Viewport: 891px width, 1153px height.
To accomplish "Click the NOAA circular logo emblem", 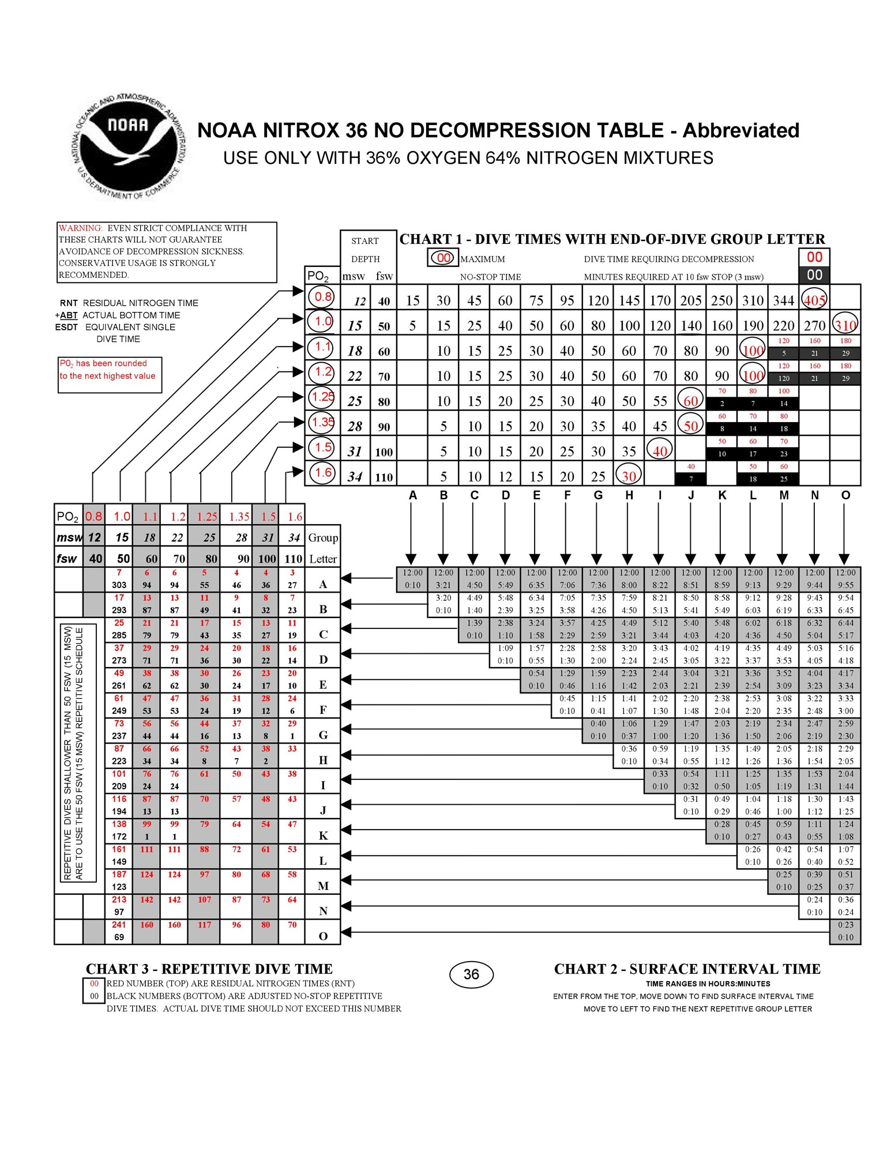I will pos(128,147).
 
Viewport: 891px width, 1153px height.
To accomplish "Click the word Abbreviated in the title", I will pos(740,130).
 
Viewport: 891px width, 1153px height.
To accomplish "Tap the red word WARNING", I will pos(81,228).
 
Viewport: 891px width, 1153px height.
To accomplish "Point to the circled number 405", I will pos(814,300).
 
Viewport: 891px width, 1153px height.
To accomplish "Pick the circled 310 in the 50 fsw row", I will pos(845,325).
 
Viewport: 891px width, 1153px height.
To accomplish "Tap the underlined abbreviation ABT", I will pos(69,315).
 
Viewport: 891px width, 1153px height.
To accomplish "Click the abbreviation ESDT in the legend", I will pos(66,327).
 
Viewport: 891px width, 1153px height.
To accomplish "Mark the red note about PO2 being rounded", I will pos(108,370).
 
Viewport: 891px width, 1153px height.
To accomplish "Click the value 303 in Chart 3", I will pos(119,585).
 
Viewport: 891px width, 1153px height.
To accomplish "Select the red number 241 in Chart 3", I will pos(119,925).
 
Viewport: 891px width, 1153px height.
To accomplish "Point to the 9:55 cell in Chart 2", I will pos(845,585).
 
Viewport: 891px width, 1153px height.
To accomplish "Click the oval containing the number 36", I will pos(471,974).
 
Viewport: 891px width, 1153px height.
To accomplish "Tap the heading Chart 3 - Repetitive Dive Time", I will pos(209,969).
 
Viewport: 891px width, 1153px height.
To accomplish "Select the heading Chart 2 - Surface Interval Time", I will pos(687,969).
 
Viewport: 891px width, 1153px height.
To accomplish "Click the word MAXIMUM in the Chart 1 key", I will pos(482,259).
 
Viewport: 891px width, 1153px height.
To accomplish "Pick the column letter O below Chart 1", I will pos(845,495).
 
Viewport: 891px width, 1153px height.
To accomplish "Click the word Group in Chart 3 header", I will pos(323,537).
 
